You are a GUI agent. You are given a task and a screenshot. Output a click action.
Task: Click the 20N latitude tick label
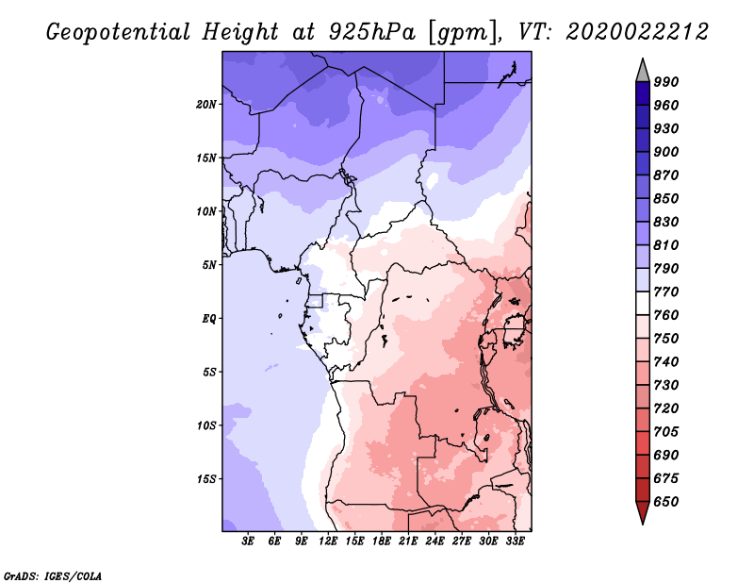(x=205, y=105)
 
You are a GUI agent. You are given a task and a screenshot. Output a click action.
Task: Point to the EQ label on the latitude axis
(x=208, y=319)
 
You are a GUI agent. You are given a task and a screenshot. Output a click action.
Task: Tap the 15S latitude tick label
(x=205, y=479)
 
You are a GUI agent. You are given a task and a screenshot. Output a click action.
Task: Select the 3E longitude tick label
(x=248, y=541)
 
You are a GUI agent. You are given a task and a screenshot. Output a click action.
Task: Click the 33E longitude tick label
(x=515, y=541)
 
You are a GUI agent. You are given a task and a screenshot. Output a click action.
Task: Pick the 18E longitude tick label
(x=382, y=541)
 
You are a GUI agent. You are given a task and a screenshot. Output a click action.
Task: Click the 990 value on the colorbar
(x=666, y=82)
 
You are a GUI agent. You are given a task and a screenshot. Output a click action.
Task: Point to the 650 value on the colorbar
(x=666, y=502)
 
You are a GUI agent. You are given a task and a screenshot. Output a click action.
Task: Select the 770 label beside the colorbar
(x=666, y=291)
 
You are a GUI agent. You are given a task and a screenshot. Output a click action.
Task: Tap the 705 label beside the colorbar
(x=666, y=431)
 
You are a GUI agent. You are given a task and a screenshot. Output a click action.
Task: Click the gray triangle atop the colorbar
(x=643, y=71)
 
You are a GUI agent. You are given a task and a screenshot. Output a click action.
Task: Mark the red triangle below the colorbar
(x=643, y=512)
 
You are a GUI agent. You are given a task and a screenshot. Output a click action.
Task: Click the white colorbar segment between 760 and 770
(x=643, y=304)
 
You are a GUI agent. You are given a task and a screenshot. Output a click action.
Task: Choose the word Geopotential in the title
(x=119, y=32)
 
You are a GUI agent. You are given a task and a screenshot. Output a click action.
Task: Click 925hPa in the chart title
(x=371, y=32)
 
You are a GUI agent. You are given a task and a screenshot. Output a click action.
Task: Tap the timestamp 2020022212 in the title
(x=637, y=32)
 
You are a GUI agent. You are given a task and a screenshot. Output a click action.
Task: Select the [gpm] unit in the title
(x=463, y=33)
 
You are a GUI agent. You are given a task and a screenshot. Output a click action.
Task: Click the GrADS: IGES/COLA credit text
(x=53, y=576)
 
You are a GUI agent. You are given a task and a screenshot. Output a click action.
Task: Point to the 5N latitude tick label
(x=209, y=265)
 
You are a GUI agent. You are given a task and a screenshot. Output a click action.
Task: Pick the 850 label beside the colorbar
(x=666, y=198)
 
